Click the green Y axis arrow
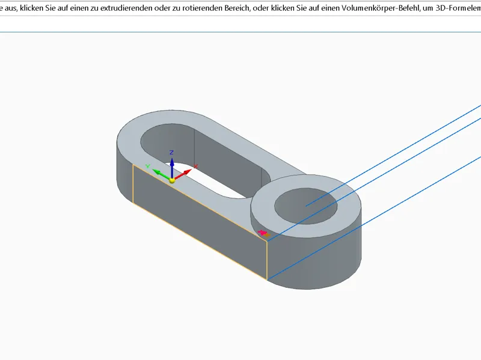[161, 174]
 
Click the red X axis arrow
[183, 174]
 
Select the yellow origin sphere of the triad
[172, 180]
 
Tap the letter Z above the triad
[171, 153]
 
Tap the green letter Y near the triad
[148, 166]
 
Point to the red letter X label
[196, 166]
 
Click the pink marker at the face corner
[262, 233]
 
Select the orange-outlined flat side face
[200, 222]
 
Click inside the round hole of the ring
[306, 206]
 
